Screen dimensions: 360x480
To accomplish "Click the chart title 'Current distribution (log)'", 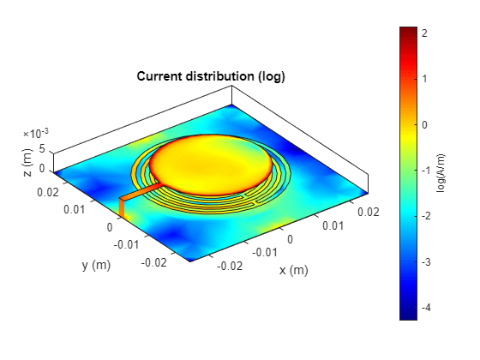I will [211, 77].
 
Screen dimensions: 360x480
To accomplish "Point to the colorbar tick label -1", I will [429, 170].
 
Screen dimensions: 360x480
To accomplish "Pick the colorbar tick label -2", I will [429, 216].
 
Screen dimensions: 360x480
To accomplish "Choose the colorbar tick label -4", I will [429, 308].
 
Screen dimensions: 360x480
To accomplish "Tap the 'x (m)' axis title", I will [293, 270].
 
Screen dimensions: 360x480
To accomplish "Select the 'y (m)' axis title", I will [97, 265].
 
